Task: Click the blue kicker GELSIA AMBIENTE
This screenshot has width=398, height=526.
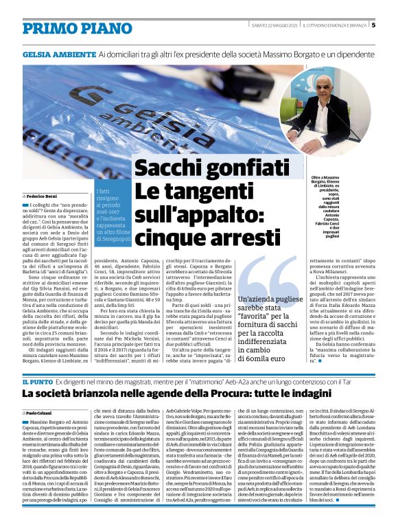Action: (58, 53)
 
